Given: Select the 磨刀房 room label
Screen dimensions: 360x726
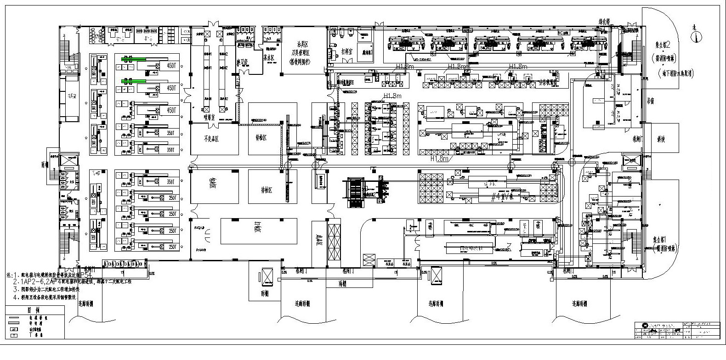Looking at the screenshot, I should point(242,61).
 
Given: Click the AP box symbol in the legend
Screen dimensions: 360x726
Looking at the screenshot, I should point(13,329).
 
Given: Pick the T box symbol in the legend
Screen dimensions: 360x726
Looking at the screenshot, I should point(13,335).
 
